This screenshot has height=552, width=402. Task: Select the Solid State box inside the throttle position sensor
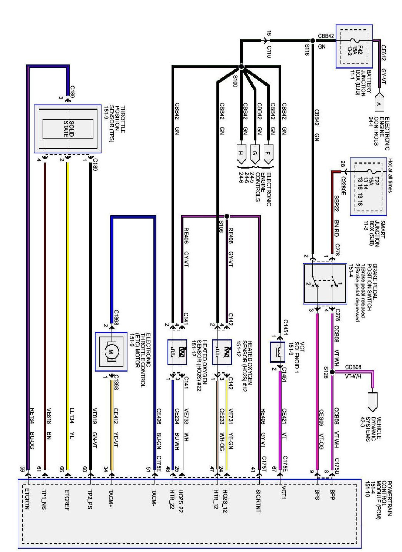pyautogui.click(x=68, y=129)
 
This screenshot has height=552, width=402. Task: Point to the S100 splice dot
pyautogui.click(x=241, y=67)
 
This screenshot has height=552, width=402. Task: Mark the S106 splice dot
pyautogui.click(x=227, y=216)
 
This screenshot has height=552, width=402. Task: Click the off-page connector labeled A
pyautogui.click(x=379, y=104)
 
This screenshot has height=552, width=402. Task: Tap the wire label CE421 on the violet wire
pyautogui.click(x=284, y=415)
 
